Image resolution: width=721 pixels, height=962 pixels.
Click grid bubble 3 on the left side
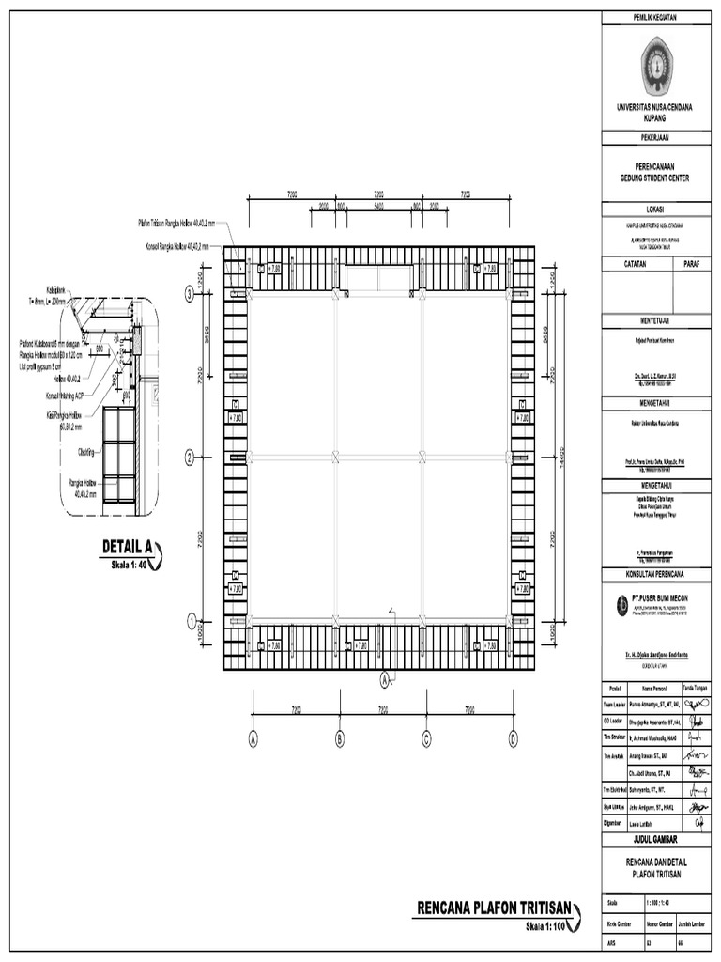[x=190, y=294]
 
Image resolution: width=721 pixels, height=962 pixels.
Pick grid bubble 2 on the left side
[x=190, y=458]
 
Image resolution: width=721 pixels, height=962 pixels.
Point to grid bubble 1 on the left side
[x=190, y=620]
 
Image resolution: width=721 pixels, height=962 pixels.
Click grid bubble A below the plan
[x=253, y=739]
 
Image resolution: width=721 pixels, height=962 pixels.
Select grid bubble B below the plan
[x=340, y=739]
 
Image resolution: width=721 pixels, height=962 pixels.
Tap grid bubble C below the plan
[x=426, y=739]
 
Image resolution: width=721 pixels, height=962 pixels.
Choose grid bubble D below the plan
[x=514, y=739]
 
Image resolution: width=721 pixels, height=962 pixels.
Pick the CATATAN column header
[x=637, y=266]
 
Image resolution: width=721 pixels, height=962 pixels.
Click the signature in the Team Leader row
[x=696, y=702]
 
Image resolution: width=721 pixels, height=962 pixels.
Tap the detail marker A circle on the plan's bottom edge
[x=384, y=678]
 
